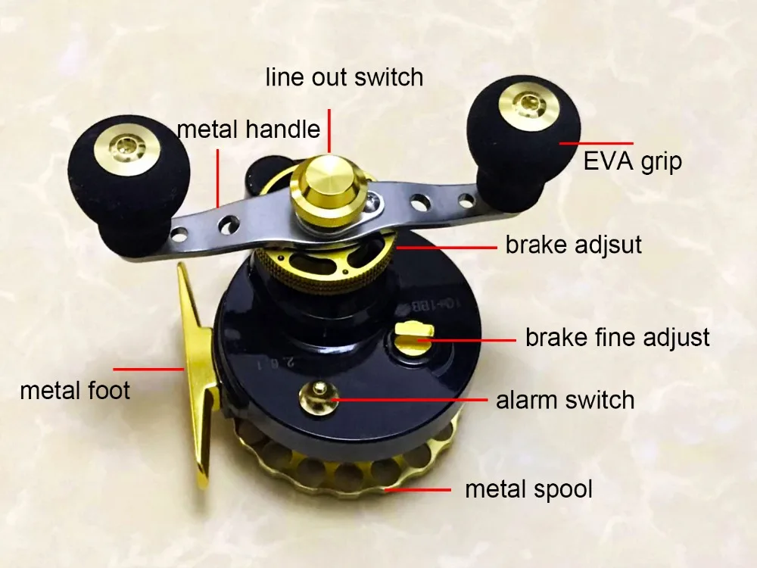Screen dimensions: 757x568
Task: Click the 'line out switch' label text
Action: point(344,78)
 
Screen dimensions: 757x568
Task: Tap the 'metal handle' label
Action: point(248,130)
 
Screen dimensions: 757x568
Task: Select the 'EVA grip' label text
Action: point(632,162)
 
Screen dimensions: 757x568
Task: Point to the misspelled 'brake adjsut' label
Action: point(574,245)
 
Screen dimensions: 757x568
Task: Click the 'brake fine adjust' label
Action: point(618,337)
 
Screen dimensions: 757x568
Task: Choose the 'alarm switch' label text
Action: point(565,401)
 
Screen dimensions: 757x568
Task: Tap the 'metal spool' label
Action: point(528,489)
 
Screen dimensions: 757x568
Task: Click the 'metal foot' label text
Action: point(75,390)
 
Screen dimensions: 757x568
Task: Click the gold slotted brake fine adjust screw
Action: point(414,335)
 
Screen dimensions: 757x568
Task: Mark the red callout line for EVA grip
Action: point(596,143)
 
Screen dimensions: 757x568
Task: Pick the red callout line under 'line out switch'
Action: point(329,130)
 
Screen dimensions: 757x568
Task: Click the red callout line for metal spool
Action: point(418,489)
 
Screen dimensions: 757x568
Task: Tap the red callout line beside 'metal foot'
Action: point(148,369)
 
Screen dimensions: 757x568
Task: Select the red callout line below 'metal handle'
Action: point(218,178)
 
